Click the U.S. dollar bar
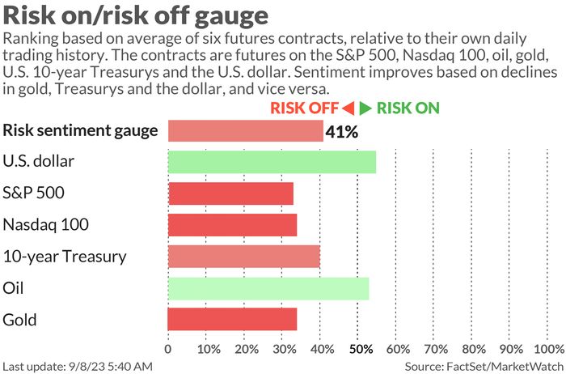(272, 161)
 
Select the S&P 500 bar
(230, 193)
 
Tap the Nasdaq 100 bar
(232, 224)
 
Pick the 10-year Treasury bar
(244, 256)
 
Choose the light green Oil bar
(268, 288)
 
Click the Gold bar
(232, 319)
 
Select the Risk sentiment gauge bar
(246, 130)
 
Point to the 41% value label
(342, 131)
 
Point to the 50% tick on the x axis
(359, 350)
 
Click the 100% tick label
(550, 350)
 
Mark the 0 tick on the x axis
(168, 350)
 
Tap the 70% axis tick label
(435, 350)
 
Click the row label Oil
(13, 288)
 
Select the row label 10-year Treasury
(65, 257)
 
